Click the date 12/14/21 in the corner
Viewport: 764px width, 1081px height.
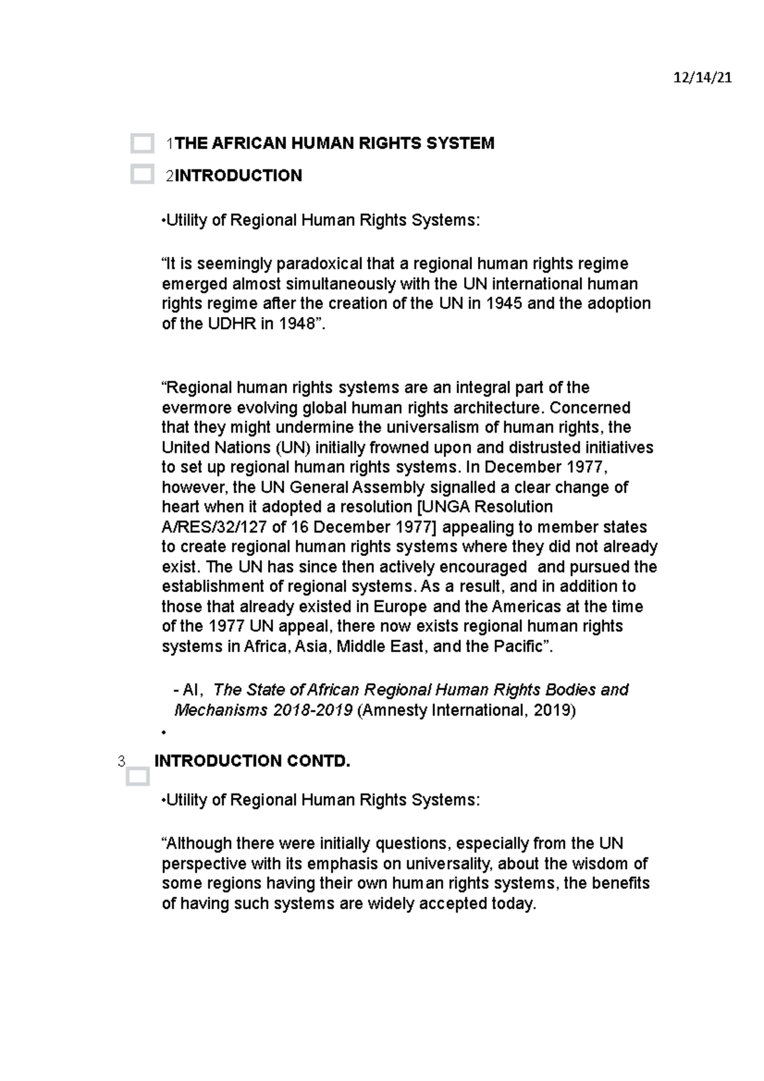coord(702,78)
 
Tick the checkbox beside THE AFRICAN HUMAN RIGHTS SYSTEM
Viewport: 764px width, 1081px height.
coord(142,144)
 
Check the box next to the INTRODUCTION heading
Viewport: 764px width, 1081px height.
coord(142,174)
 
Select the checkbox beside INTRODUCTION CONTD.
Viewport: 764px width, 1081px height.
coord(138,777)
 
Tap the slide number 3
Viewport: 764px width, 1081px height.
coord(121,761)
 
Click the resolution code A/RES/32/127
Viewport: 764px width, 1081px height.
coord(213,527)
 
